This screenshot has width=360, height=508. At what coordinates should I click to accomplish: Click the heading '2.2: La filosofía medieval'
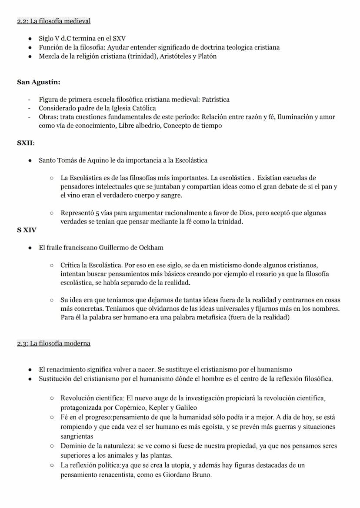(54, 21)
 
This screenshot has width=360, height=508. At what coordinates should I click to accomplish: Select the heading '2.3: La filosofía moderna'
(54, 343)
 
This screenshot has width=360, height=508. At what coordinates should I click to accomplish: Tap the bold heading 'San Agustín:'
(39, 82)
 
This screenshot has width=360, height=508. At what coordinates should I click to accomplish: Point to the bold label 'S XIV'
(27, 230)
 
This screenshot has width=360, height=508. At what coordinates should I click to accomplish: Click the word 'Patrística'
(216, 100)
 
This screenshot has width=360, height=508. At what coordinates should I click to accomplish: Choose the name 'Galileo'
(186, 408)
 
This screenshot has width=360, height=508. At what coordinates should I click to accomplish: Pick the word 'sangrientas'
(77, 436)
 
